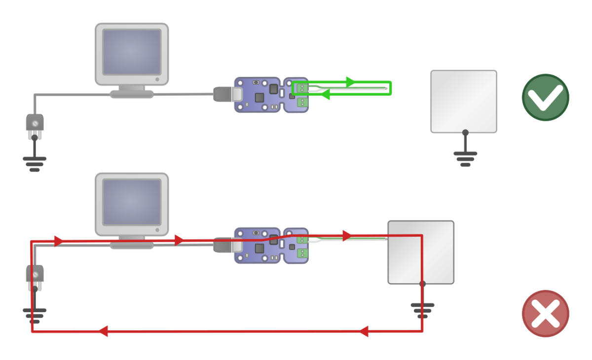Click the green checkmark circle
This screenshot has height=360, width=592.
click(545, 97)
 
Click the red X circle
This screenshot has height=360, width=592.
click(545, 314)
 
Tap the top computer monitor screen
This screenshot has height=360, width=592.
click(132, 52)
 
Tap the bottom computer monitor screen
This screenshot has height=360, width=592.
click(132, 202)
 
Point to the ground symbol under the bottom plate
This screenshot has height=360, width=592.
click(422, 310)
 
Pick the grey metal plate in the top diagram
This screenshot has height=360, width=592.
click(464, 101)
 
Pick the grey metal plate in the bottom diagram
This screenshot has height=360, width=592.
click(421, 252)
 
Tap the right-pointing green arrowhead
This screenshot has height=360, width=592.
click(351, 82)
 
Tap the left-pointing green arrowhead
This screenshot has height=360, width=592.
click(325, 95)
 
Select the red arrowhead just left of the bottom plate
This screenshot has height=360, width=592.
click(347, 236)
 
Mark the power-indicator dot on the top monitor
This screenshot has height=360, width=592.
click(157, 79)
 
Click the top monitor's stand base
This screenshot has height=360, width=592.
click(132, 94)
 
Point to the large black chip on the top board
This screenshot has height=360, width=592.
click(273, 89)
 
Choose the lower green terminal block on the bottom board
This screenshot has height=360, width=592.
click(302, 253)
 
